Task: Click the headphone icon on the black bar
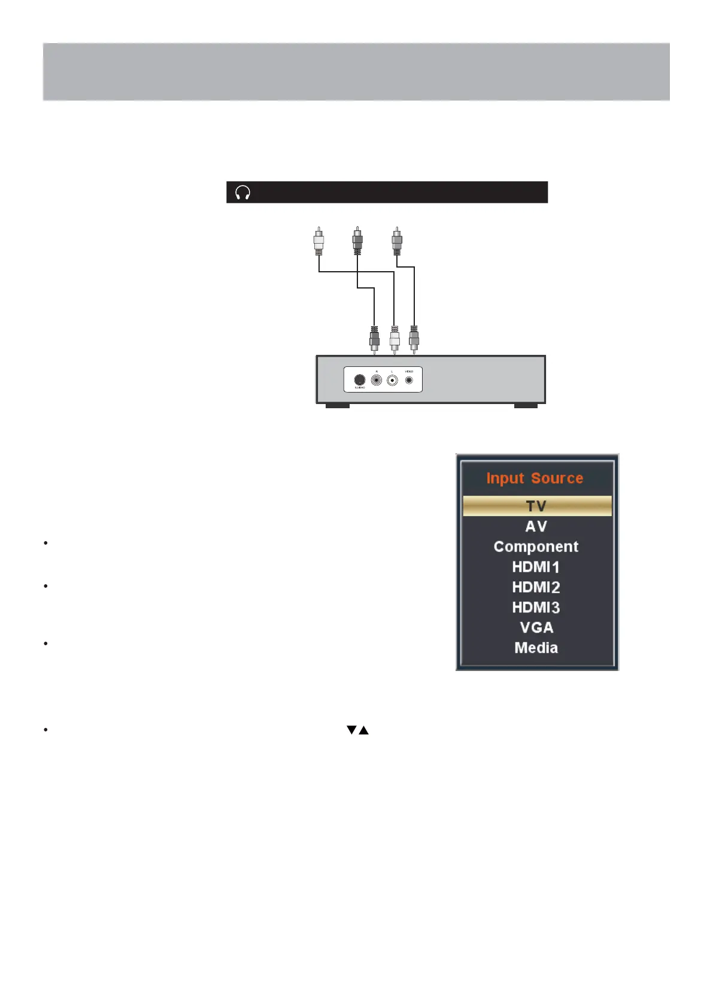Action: click(x=242, y=193)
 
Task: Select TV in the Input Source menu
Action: click(x=536, y=506)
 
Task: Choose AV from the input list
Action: click(x=536, y=526)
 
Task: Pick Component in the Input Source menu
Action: click(x=536, y=546)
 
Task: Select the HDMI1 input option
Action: click(x=536, y=567)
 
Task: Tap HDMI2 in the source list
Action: click(x=536, y=587)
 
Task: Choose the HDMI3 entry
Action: click(x=536, y=608)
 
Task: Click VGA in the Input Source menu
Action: click(x=536, y=627)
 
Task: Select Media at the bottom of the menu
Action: click(x=536, y=648)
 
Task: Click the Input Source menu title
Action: click(x=535, y=478)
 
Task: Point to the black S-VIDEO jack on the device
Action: click(x=359, y=380)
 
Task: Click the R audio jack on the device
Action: click(x=377, y=380)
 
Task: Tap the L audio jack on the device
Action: click(x=393, y=380)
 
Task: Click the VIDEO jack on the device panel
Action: click(x=409, y=379)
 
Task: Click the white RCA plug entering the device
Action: click(x=395, y=340)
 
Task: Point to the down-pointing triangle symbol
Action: click(x=351, y=730)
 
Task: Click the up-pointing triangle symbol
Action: click(x=363, y=730)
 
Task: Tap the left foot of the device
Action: click(x=337, y=406)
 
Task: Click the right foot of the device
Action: click(x=526, y=406)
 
